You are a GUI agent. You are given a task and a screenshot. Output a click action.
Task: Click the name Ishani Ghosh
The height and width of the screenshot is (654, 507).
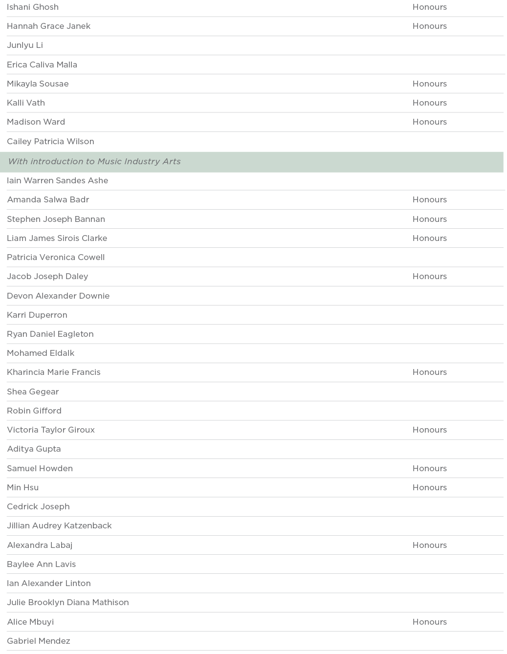(33, 7)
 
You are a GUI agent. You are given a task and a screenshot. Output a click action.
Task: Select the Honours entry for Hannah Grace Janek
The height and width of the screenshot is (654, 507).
(429, 26)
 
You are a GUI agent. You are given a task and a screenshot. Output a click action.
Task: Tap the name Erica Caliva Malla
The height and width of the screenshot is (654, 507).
(42, 65)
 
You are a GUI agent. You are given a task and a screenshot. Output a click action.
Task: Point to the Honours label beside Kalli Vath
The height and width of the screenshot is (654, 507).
(429, 103)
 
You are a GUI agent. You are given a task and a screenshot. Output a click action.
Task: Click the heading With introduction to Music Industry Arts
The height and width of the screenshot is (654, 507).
(94, 161)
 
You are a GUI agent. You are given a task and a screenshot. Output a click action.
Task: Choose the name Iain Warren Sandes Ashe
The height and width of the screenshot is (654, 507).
(58, 180)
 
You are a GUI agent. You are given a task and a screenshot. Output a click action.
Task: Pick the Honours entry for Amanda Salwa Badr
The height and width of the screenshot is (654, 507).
(429, 199)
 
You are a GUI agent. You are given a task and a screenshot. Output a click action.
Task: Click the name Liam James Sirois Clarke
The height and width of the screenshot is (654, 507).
(57, 238)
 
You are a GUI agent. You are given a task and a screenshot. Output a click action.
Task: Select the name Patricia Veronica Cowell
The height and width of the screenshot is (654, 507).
(56, 257)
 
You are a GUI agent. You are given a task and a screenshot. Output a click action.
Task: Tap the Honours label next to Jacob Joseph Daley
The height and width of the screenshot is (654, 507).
(429, 276)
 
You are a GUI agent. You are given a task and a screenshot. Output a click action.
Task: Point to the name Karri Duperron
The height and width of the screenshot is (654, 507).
(37, 315)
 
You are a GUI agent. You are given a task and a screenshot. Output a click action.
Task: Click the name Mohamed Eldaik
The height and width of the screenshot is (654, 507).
(41, 353)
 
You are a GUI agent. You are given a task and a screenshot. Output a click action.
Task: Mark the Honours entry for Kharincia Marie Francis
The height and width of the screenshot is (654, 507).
(429, 372)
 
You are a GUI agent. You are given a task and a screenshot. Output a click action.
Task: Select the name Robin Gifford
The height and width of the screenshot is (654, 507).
(34, 411)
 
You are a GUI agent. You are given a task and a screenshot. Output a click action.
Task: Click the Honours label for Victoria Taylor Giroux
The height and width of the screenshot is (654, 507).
(429, 430)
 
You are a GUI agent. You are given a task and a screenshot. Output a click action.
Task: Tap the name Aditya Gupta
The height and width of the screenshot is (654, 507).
(34, 449)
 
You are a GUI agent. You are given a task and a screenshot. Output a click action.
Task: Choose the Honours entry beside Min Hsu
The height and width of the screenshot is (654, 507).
(429, 487)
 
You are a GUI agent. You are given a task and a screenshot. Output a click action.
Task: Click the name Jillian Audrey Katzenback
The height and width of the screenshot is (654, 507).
(60, 525)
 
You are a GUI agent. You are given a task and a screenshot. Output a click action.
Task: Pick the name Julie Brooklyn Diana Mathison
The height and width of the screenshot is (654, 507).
(68, 602)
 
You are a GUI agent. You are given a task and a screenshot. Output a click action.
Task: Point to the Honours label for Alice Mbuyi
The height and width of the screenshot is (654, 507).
(429, 622)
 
